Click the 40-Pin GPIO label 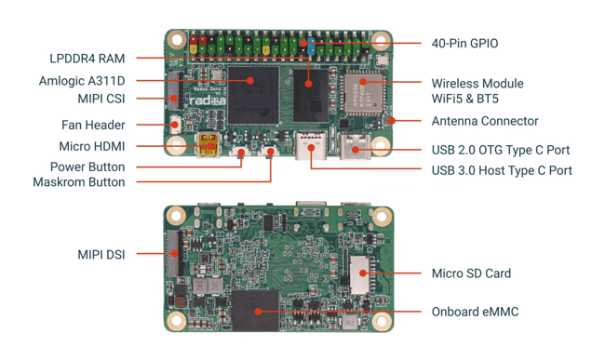tap(464, 43)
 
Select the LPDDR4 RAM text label tap(87, 59)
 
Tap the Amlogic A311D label tap(82, 81)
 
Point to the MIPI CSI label tap(101, 99)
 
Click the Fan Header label tap(93, 125)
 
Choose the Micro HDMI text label tap(92, 146)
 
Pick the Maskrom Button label tap(79, 182)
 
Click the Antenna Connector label tap(485, 121)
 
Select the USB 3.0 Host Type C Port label tap(502, 170)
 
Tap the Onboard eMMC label tap(475, 312)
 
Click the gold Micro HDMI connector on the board tap(208, 145)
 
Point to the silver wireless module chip tap(363, 93)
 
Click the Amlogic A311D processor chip tap(253, 95)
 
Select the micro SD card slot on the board tap(361, 274)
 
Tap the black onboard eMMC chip tap(255, 311)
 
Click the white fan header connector tap(176, 125)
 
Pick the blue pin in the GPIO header tap(312, 46)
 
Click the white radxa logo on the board tap(208, 101)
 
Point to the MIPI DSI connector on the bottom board tap(174, 253)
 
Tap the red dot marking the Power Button tap(241, 153)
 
